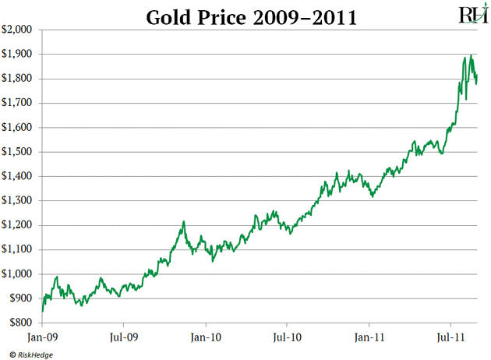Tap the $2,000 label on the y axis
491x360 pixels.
[17, 30]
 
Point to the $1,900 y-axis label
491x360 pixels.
[17, 55]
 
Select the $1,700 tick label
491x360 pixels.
[17, 103]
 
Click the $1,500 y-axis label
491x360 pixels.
[17, 152]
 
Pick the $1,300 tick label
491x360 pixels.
[17, 201]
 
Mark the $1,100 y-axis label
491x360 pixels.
[17, 249]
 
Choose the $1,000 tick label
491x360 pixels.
[17, 274]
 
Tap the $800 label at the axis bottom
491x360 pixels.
[20, 323]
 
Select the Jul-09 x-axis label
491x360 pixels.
[124, 338]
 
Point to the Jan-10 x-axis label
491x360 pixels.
[206, 338]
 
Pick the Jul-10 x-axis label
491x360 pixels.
[287, 338]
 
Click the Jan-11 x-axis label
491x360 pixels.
[369, 338]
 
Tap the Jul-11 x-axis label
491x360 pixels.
[450, 338]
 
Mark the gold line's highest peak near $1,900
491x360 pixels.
[472, 55]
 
